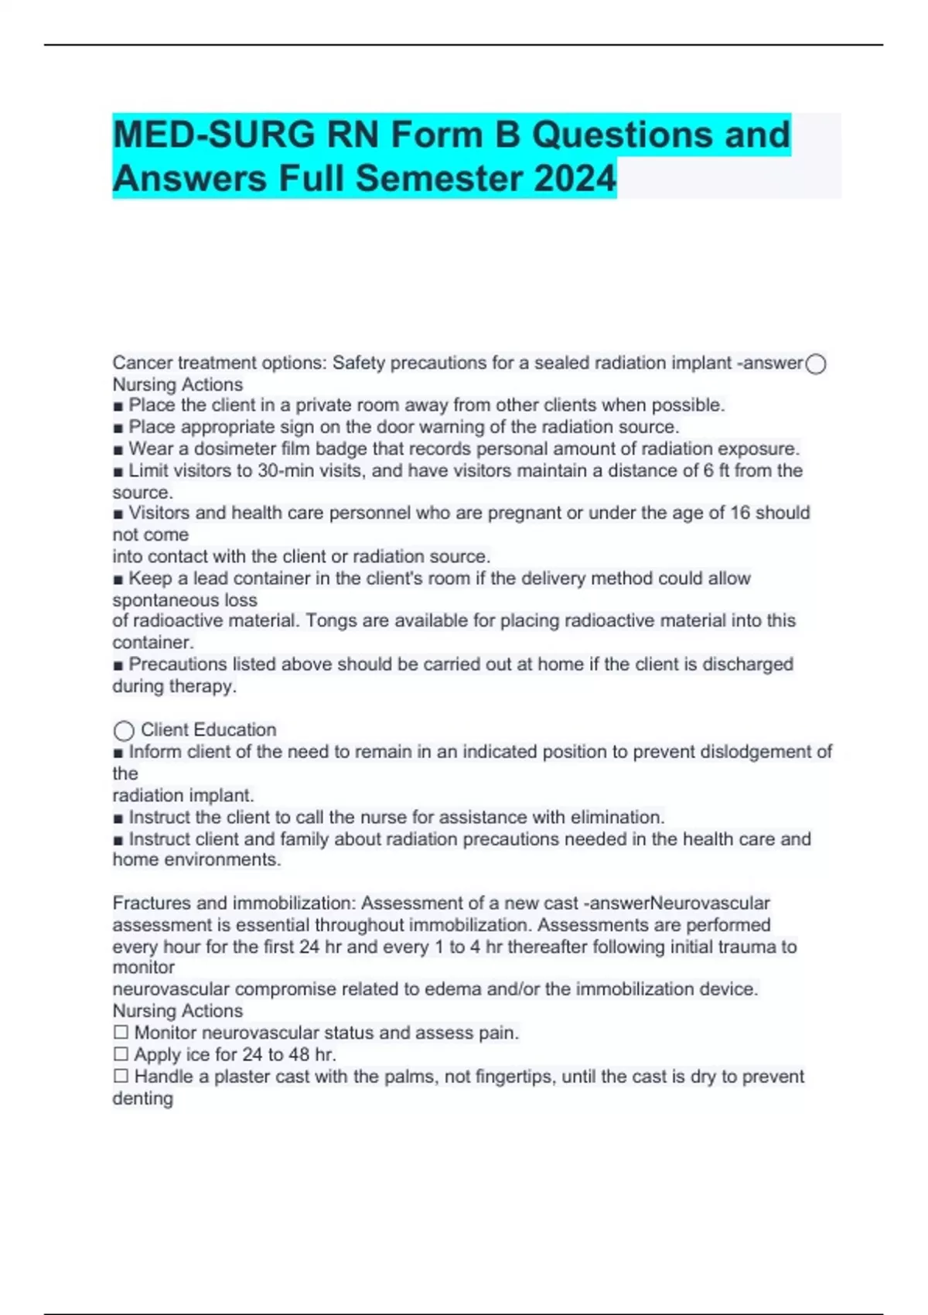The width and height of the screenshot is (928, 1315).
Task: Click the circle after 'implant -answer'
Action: pos(816,364)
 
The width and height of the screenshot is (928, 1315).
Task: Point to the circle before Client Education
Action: pos(124,731)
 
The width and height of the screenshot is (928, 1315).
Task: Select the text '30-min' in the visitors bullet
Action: pos(284,470)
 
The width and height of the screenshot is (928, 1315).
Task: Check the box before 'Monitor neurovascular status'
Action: pos(121,1033)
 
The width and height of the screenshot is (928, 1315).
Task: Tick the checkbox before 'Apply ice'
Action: pos(121,1054)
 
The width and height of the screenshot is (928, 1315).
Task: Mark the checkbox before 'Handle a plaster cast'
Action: pos(121,1076)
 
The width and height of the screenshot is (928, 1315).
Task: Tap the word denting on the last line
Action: pos(142,1098)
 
